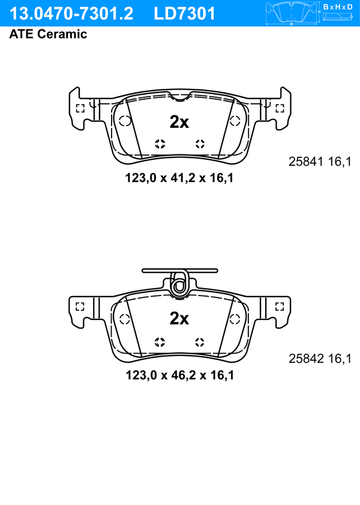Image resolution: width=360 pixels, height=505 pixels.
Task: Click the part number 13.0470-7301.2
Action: pos(71,14)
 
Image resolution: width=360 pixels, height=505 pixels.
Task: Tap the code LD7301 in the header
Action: pos(184,14)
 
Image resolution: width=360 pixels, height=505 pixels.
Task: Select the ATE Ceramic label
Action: pos(48,34)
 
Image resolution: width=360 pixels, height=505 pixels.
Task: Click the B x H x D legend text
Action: pos(338,7)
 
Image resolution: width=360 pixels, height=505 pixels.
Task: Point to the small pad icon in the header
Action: pos(292,13)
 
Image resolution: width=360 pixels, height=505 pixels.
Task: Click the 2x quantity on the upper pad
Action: pos(179,122)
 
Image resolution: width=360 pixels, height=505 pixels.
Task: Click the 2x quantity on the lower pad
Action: pos(179,318)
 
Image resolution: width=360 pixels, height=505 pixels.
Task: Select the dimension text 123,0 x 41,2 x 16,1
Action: pos(179,178)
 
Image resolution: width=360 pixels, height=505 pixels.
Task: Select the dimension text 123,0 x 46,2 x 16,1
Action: pos(179,375)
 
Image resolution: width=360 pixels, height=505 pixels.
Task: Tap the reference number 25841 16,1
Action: pos(320,162)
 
